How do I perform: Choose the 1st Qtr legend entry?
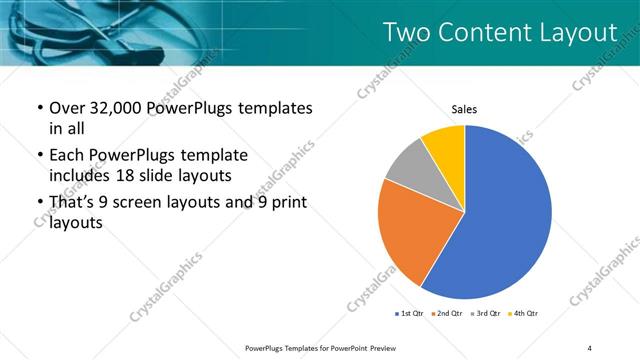coord(410,314)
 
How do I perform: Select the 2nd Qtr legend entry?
coord(449,314)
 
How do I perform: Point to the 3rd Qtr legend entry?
coord(487,314)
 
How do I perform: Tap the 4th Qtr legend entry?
coord(525,314)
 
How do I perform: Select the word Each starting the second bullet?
coord(68,156)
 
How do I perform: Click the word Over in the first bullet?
coord(69,108)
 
